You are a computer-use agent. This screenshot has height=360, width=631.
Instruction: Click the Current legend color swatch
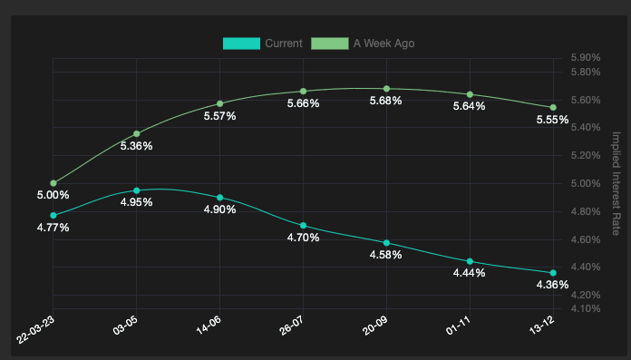[x=241, y=44]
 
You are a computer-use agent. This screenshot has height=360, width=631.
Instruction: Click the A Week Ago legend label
[x=383, y=44]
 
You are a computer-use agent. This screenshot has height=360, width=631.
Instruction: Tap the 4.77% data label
[x=53, y=227]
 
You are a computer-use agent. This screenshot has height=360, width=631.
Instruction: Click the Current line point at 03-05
[x=137, y=190]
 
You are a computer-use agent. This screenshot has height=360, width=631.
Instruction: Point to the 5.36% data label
[x=136, y=146]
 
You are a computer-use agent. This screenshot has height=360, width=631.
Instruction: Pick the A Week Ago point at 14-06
[x=219, y=103]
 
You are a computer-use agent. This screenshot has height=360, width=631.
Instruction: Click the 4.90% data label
[x=219, y=209]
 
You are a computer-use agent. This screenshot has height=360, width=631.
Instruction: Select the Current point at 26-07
[x=303, y=225]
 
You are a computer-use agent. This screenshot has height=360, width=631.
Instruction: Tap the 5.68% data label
[x=386, y=101]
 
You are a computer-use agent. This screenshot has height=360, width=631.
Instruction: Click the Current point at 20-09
[x=387, y=242]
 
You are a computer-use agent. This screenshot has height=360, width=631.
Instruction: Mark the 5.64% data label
[x=469, y=106]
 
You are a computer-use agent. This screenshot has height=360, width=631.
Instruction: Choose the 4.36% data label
[x=552, y=285]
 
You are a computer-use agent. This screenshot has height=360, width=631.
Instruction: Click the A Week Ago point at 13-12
[x=553, y=107]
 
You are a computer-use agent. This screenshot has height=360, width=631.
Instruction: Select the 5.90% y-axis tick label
[x=586, y=58]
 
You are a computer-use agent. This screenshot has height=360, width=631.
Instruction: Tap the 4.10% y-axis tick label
[x=586, y=309]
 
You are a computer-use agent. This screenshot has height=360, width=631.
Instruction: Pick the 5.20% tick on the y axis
[x=586, y=155]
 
